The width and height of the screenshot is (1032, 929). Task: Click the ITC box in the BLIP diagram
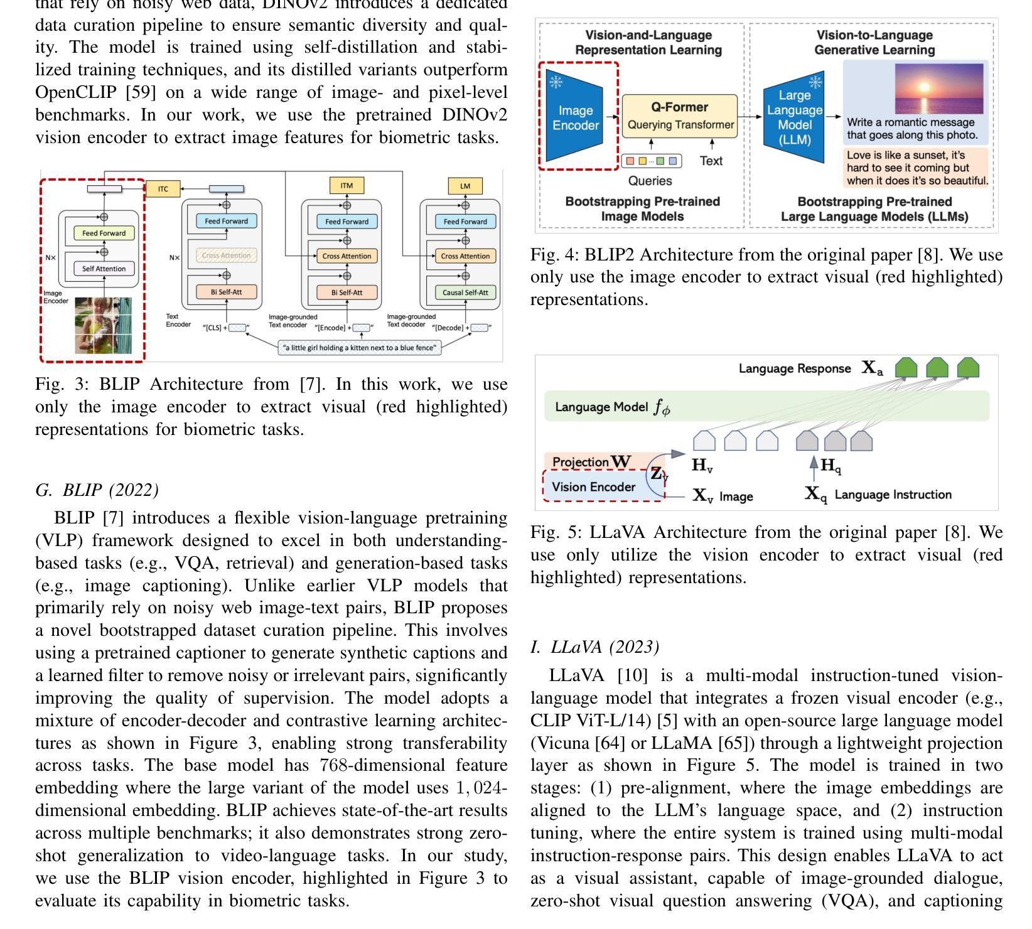click(x=163, y=188)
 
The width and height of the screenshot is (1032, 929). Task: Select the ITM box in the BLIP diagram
click(x=347, y=185)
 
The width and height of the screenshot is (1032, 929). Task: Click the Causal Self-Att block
click(x=465, y=293)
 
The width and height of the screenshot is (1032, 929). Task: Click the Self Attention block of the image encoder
click(x=104, y=269)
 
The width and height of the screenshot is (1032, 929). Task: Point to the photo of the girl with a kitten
click(x=104, y=325)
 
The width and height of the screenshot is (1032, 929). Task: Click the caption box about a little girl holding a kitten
click(x=360, y=348)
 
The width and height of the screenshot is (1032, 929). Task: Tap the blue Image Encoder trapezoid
click(x=575, y=117)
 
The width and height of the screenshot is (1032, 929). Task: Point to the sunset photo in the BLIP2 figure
click(x=939, y=88)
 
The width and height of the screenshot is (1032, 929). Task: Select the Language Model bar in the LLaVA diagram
click(x=766, y=407)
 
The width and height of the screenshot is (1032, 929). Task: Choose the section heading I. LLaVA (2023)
click(x=594, y=647)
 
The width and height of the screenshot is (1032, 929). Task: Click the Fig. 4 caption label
click(x=554, y=255)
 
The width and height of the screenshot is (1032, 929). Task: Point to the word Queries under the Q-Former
click(x=650, y=181)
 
